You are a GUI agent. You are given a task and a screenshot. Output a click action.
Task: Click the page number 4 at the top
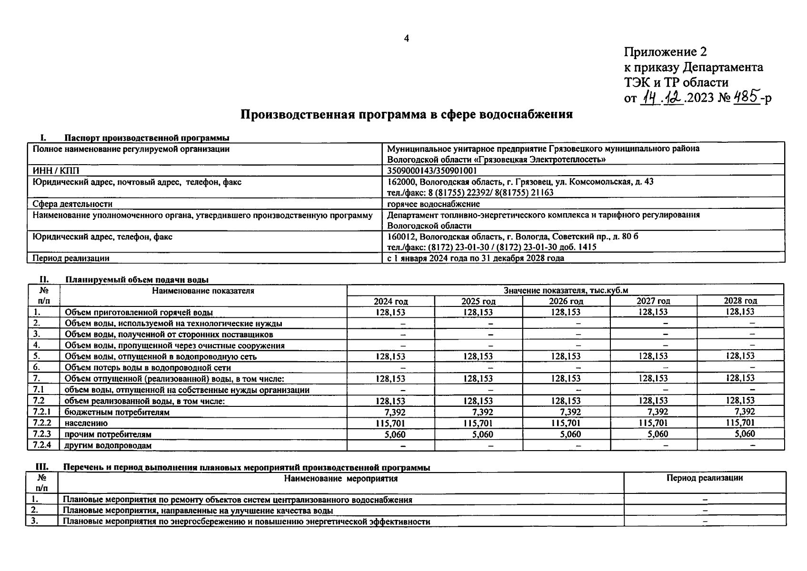coord(406,39)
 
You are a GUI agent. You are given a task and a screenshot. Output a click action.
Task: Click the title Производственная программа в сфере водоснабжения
coord(406,115)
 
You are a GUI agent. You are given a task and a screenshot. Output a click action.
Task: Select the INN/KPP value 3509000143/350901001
coord(432,170)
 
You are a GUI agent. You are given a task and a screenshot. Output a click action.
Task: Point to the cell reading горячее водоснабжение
coord(433,204)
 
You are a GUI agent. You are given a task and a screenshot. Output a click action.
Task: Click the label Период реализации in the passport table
coord(71,258)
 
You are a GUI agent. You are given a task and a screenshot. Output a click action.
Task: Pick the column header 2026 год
coord(566,301)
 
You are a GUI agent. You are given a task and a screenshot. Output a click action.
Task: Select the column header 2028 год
coord(740,301)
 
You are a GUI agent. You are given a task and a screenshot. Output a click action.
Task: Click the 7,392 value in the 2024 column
coord(394,412)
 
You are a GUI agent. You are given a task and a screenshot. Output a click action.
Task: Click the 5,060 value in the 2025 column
coord(482,434)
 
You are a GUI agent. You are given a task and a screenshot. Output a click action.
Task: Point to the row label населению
coord(86,423)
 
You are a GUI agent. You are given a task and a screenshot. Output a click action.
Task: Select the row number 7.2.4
coord(42,445)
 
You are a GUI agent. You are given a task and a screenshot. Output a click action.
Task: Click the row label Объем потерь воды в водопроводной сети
coord(148,368)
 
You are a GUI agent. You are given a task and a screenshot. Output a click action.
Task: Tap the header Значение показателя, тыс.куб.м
coord(566,290)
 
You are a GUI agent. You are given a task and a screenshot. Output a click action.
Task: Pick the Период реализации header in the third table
coord(704,478)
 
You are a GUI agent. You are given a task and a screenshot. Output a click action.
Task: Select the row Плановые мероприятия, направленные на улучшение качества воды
coord(198,511)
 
